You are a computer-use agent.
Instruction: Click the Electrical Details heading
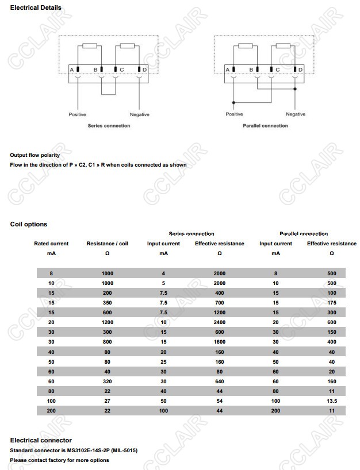(x=36, y=7)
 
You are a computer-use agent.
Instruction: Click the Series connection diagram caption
(x=109, y=126)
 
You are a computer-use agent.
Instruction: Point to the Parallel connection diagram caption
(x=265, y=126)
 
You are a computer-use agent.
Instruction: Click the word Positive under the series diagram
(x=78, y=115)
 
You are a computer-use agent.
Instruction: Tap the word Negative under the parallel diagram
(x=296, y=114)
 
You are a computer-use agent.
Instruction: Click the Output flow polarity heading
(x=35, y=155)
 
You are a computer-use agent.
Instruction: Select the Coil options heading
(x=29, y=224)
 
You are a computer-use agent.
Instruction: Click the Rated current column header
(x=51, y=244)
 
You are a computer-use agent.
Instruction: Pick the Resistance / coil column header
(x=107, y=244)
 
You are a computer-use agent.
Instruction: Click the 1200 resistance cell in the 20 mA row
(x=107, y=323)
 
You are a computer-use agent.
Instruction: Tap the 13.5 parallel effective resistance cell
(x=332, y=400)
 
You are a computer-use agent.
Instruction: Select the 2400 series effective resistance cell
(x=219, y=323)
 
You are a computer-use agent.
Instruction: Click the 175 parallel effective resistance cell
(x=332, y=303)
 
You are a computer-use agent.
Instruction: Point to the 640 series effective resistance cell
(x=219, y=381)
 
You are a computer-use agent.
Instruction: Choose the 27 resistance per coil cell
(x=107, y=400)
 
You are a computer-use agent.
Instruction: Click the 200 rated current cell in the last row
(x=51, y=410)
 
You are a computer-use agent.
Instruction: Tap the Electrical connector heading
(x=41, y=440)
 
